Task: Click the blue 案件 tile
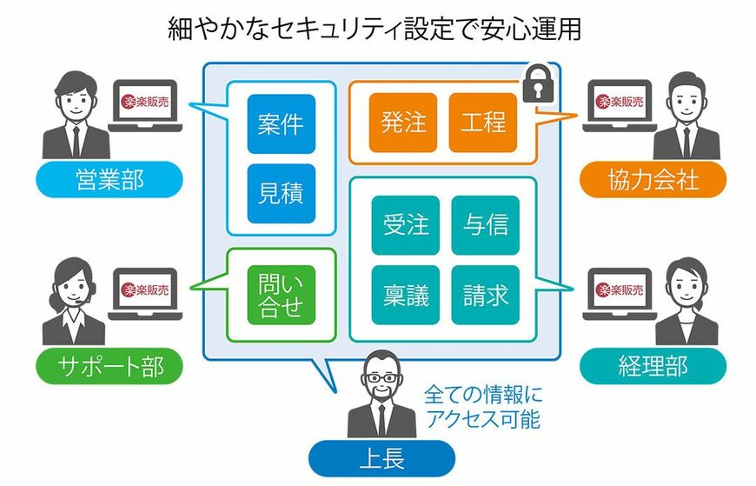pyautogui.click(x=281, y=123)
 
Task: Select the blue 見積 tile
pyautogui.click(x=281, y=192)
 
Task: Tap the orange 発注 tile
pyautogui.click(x=403, y=122)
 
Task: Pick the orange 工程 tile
pyautogui.click(x=483, y=122)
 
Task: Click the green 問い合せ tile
pyautogui.click(x=281, y=295)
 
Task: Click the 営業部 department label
pyautogui.click(x=109, y=180)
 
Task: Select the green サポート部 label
pyautogui.click(x=109, y=366)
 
